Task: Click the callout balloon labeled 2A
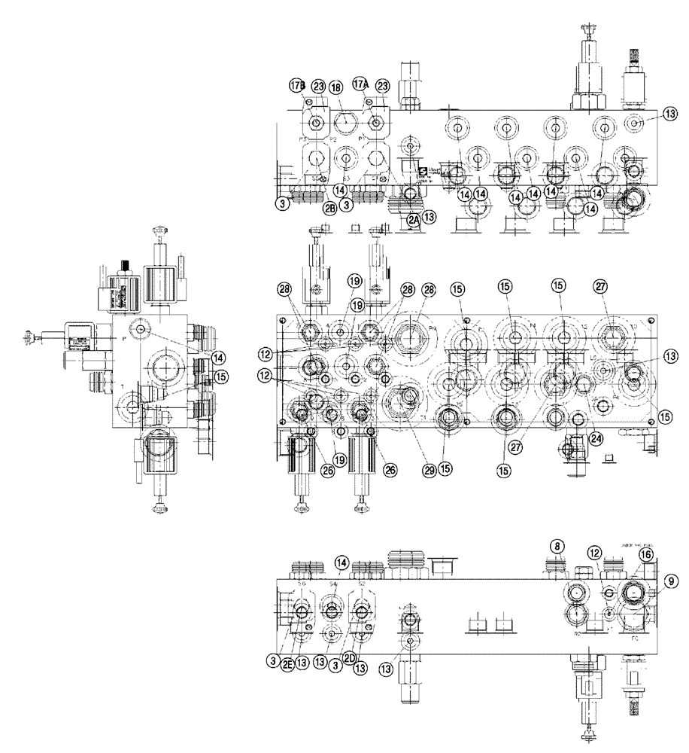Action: [413, 219]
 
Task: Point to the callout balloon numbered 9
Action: [672, 581]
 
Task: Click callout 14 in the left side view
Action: [218, 357]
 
